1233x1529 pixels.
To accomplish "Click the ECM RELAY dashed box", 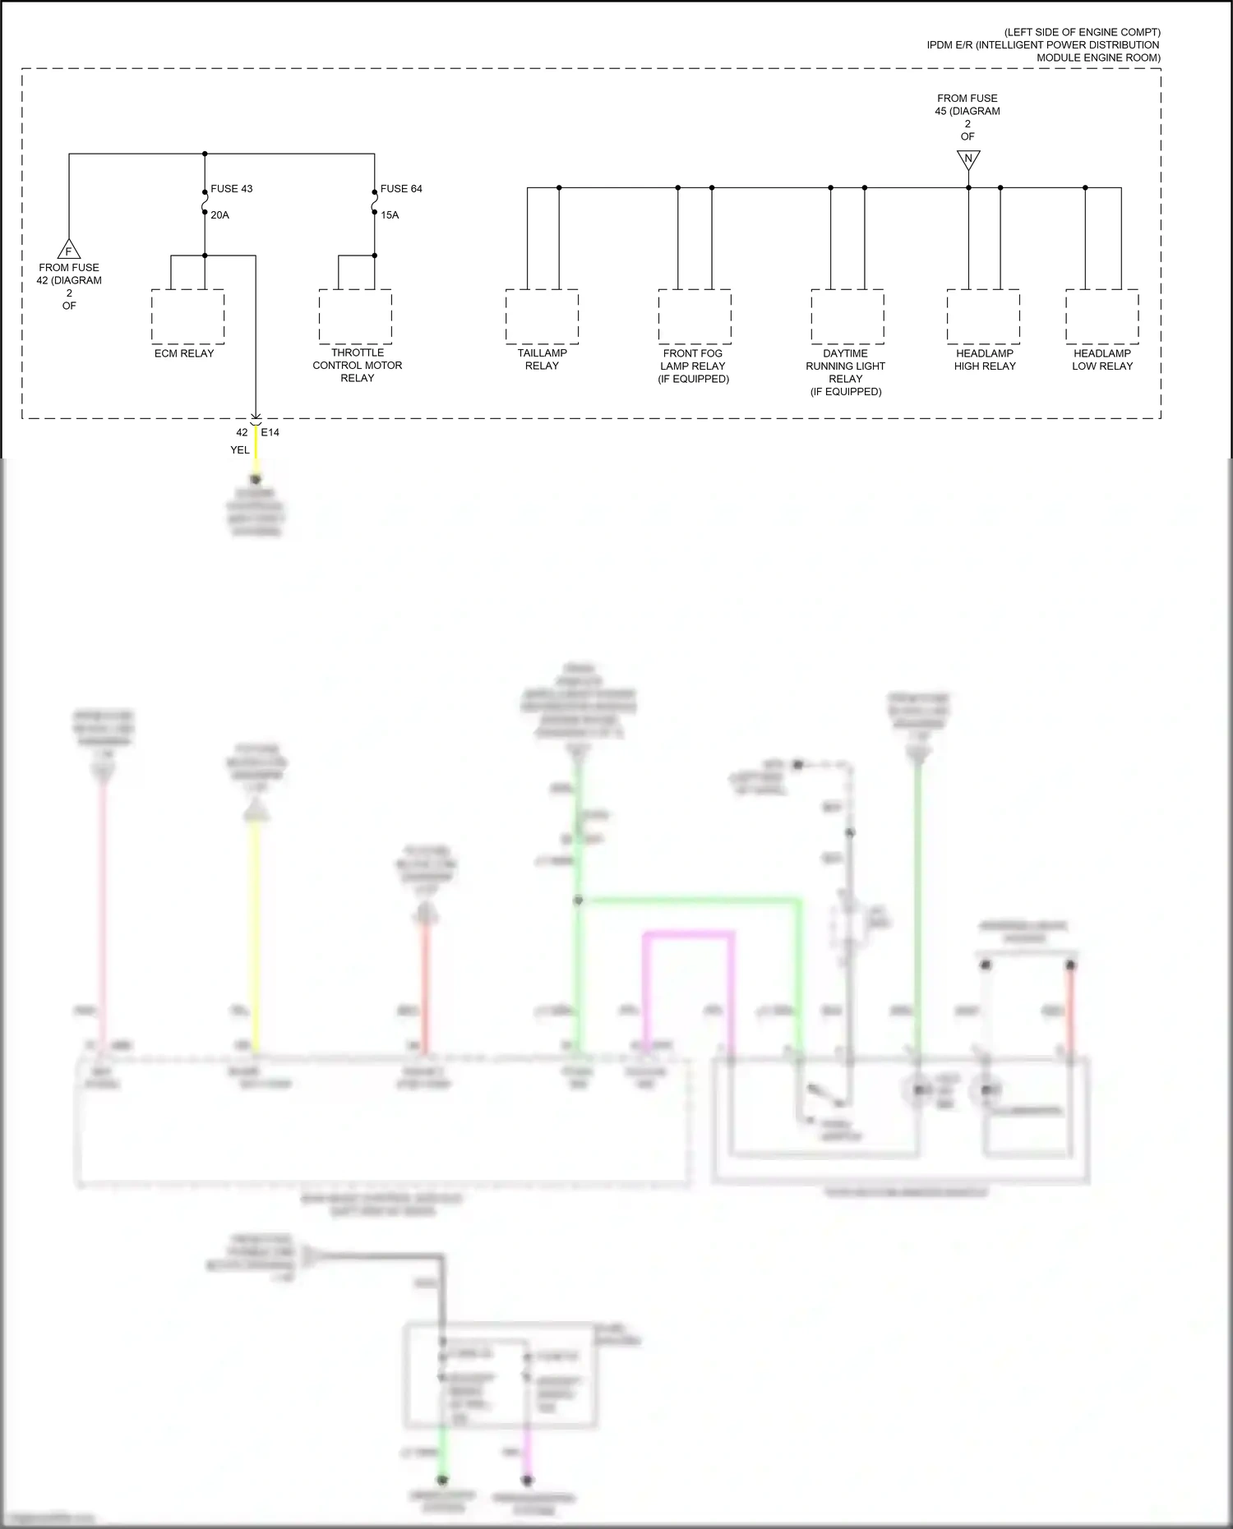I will pos(187,316).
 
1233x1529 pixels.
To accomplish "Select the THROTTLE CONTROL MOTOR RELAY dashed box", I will pos(355,316).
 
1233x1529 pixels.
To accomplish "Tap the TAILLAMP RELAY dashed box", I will pos(542,316).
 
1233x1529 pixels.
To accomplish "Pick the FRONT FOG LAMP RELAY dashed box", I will pos(695,316).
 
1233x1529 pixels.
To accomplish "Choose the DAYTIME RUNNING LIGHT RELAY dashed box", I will pos(847,316).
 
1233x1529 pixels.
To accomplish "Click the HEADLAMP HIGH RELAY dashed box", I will pos(983,316).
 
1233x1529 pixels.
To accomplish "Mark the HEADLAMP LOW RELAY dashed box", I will pos(1102,316).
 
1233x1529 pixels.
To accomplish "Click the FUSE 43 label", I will pos(232,189).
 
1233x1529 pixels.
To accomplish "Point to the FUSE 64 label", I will pos(401,189).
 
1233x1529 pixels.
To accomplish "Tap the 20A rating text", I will pos(219,215).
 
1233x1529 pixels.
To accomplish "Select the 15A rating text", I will pos(390,215).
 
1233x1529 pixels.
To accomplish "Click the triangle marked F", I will pos(69,251).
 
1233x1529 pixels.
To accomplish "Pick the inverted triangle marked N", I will pos(968,159).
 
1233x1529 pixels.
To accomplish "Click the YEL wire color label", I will pos(239,450).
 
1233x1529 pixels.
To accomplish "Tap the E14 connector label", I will pos(270,432).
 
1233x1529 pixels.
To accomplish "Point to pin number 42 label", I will pos(242,432).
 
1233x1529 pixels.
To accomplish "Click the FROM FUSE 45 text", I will pos(967,104).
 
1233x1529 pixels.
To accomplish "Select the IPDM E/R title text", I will pos(1042,45).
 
